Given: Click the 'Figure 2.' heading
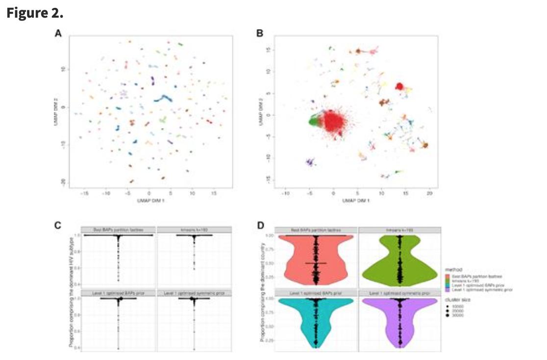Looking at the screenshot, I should point(35,13).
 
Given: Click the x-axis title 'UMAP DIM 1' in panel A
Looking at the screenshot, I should point(150,201).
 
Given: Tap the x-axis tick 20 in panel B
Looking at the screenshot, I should point(429,194).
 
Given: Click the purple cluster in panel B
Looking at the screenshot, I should point(309,162).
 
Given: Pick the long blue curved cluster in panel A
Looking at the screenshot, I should point(164,99).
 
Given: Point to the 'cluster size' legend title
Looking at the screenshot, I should point(457,299).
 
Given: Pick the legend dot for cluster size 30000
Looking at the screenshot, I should point(448,315).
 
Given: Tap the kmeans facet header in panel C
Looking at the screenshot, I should point(194,230).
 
